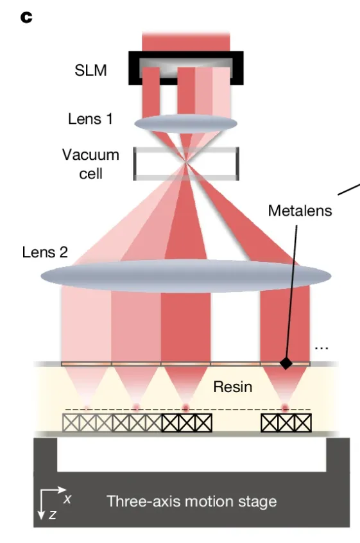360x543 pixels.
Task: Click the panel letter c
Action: pyautogui.click(x=26, y=17)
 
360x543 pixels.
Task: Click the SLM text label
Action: pyautogui.click(x=90, y=71)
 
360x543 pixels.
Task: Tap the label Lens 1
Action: pyautogui.click(x=90, y=119)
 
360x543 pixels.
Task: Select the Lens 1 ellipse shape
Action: pyautogui.click(x=185, y=124)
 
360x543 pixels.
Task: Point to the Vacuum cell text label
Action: pyautogui.click(x=90, y=164)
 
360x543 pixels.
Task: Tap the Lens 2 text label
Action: pyautogui.click(x=45, y=252)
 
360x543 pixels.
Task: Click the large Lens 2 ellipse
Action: pyautogui.click(x=186, y=276)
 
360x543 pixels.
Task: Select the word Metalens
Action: pyautogui.click(x=300, y=211)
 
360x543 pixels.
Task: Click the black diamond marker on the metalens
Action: pyautogui.click(x=286, y=363)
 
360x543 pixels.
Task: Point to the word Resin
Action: pyautogui.click(x=232, y=387)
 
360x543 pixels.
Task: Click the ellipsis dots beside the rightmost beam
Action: pyautogui.click(x=321, y=348)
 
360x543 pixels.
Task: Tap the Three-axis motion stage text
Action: pyautogui.click(x=191, y=501)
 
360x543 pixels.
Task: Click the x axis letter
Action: pyautogui.click(x=67, y=499)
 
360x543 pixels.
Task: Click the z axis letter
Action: pyautogui.click(x=52, y=515)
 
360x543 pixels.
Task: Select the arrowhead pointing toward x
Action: pyautogui.click(x=62, y=490)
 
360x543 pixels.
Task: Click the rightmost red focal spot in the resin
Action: pyautogui.click(x=285, y=408)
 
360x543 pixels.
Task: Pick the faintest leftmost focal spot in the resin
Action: pyautogui.click(x=86, y=408)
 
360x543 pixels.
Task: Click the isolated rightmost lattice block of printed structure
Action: pyautogui.click(x=286, y=423)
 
